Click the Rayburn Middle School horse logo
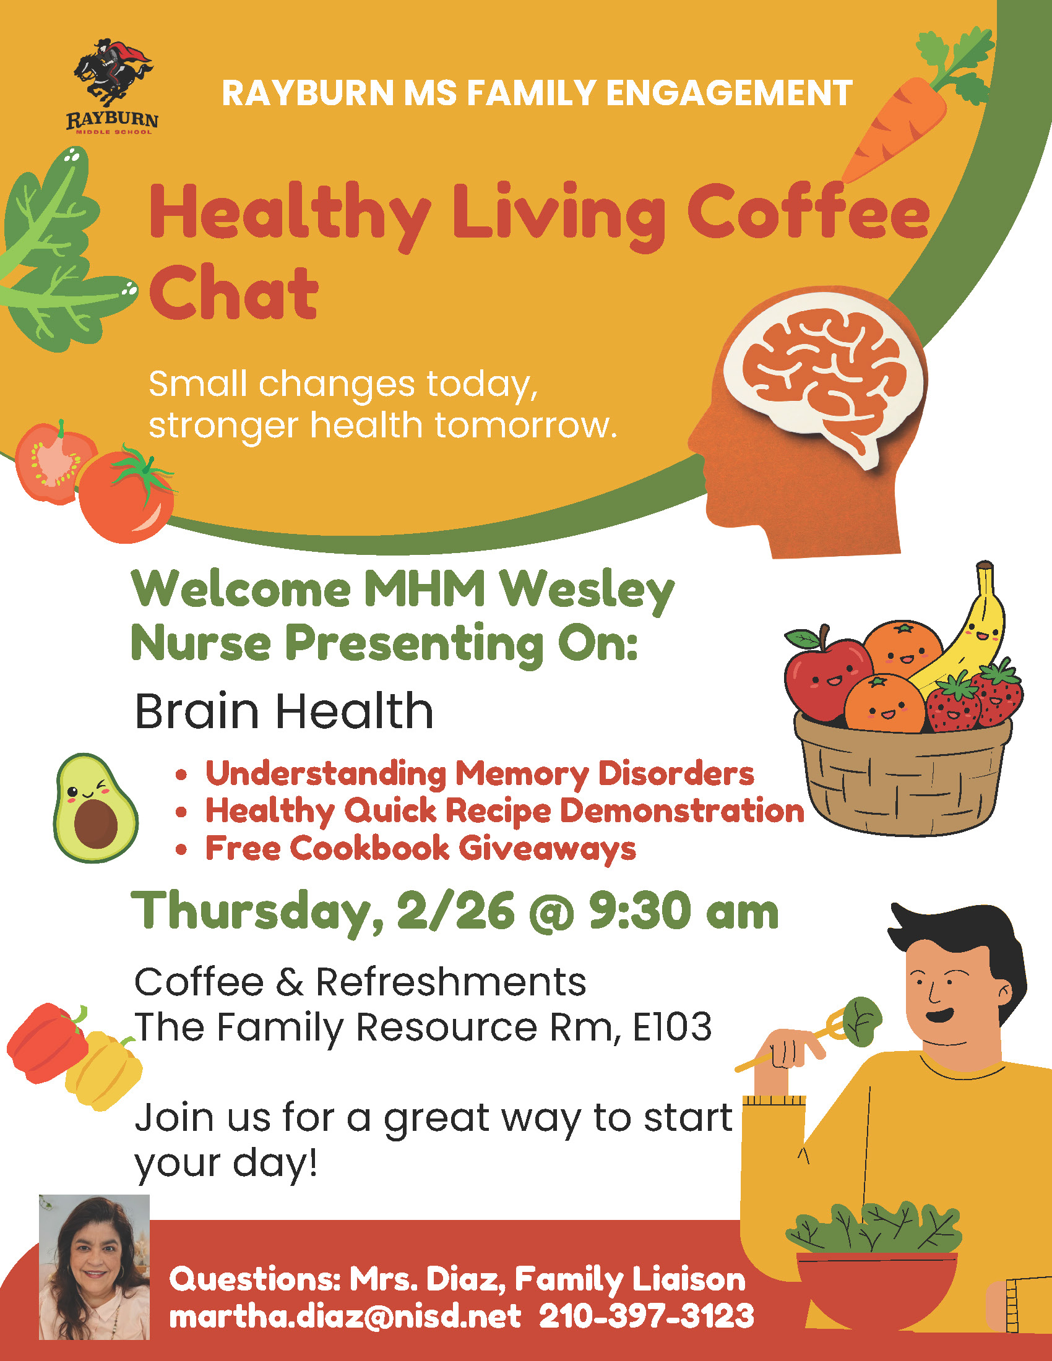pos(112,87)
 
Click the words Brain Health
pos(283,711)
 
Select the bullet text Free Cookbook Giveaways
pos(421,849)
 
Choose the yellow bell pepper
pos(105,1071)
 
